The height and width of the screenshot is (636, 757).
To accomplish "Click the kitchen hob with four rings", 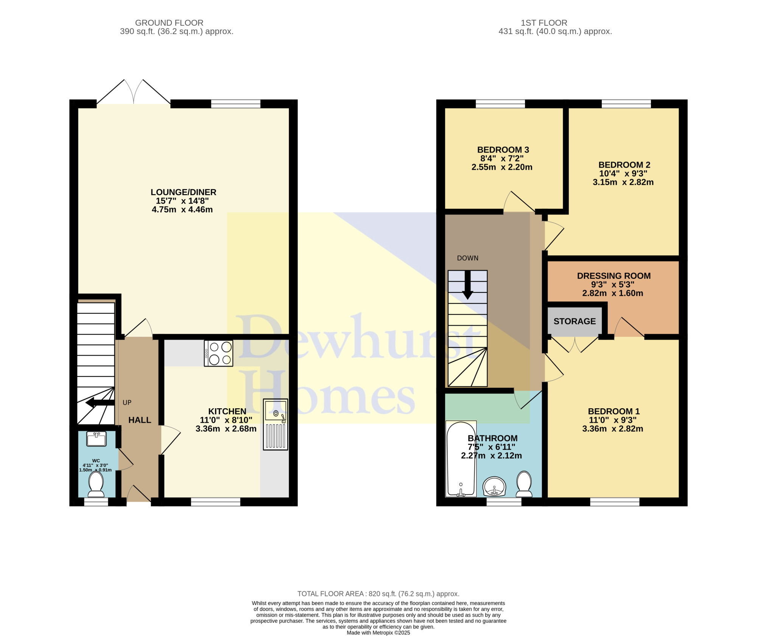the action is point(218,353).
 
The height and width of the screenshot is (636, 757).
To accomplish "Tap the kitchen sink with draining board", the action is point(276,424).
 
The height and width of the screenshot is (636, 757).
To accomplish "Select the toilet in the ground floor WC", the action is point(96,484).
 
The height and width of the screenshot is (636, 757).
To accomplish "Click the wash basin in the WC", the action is point(96,439).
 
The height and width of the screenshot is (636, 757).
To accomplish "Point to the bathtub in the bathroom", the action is point(461,459).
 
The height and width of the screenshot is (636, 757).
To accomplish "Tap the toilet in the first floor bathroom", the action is point(524,484).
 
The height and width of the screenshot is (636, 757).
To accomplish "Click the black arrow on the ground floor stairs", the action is point(100,403).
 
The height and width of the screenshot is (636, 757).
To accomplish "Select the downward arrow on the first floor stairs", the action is point(468,285).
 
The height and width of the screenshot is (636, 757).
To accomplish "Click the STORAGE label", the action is point(575,321).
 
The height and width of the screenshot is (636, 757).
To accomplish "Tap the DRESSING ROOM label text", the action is point(614,276).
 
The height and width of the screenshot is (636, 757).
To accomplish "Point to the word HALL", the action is point(140,420).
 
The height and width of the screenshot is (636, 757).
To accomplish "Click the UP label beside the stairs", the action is point(127,403).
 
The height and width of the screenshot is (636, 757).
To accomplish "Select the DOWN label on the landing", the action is point(468,258).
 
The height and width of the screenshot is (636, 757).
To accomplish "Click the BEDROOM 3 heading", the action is point(503,150).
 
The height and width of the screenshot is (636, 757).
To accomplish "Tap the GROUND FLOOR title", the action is point(169,23).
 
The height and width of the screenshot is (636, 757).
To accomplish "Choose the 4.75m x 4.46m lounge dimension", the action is point(182,210).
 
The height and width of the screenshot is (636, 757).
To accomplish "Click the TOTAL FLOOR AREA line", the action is point(378,594).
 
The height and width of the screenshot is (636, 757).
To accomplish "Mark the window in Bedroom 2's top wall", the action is point(626,104).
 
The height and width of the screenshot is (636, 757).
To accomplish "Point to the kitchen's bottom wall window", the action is point(216,502).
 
